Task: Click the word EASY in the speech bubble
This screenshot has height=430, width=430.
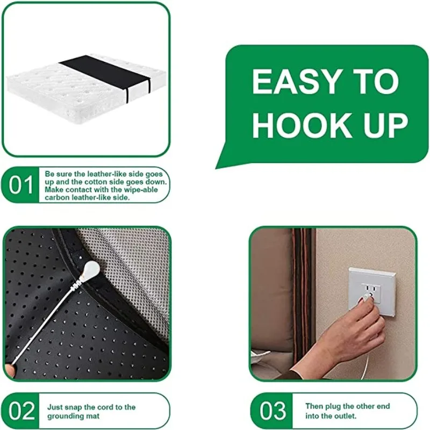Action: pyautogui.click(x=286, y=82)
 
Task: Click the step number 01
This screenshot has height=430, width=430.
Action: pyautogui.click(x=21, y=185)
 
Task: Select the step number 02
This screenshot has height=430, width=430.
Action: pyautogui.click(x=21, y=411)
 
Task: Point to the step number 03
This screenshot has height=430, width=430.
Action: pyautogui.click(x=273, y=411)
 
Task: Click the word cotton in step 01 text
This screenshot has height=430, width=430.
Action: pyautogui.click(x=105, y=182)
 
